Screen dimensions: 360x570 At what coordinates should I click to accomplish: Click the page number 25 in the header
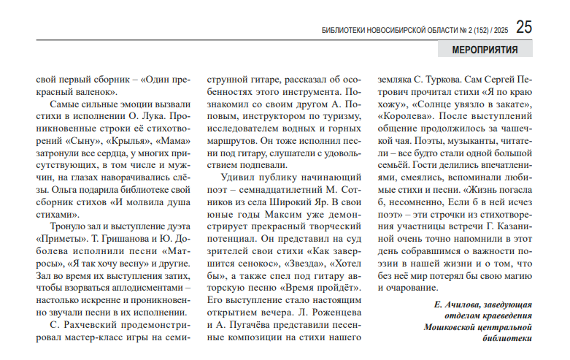coord(524,27)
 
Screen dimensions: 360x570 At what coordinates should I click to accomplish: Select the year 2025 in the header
coord(500,30)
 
